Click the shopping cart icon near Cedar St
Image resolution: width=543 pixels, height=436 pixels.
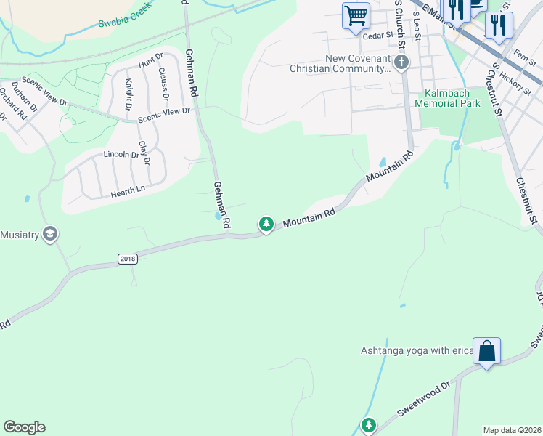point(356,15)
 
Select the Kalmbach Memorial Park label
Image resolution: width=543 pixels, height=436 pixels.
point(447,99)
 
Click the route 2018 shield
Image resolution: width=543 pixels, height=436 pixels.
point(126,259)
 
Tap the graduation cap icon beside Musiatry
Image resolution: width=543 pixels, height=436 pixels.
point(50,234)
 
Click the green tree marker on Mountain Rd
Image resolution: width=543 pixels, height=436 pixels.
point(266,225)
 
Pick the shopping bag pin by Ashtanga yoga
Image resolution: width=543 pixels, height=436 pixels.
point(486,352)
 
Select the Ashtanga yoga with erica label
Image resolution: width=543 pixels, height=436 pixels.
point(417,351)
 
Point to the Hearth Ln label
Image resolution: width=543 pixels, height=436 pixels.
point(128,193)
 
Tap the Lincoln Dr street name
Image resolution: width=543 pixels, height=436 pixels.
point(121,155)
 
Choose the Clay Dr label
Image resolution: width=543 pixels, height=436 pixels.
point(144,153)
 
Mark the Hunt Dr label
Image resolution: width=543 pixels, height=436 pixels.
point(150,61)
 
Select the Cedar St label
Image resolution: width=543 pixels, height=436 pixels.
point(377,34)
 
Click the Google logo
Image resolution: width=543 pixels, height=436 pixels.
point(24,427)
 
